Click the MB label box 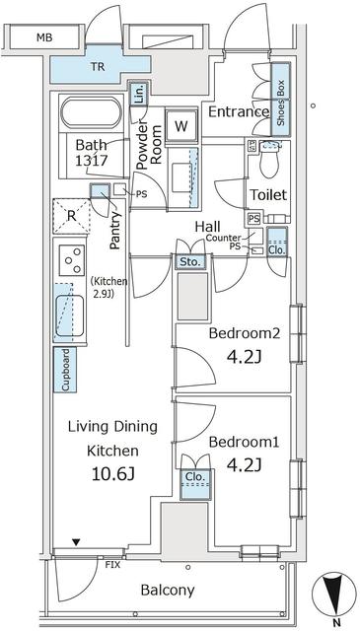pyautogui.click(x=43, y=38)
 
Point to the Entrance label pyautogui.click(x=238, y=111)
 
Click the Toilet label pyautogui.click(x=267, y=195)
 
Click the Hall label pyautogui.click(x=207, y=227)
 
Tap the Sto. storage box pyautogui.click(x=189, y=262)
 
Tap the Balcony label pyautogui.click(x=167, y=591)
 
